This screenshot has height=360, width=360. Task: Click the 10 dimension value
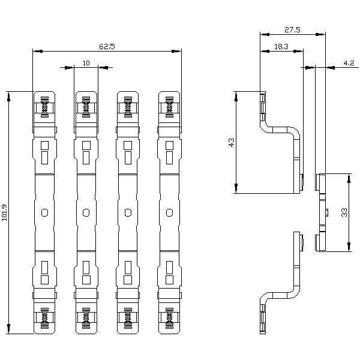[x=86, y=62]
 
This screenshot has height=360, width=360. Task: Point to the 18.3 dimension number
[x=280, y=46]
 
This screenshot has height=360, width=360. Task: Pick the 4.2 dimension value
[x=348, y=62]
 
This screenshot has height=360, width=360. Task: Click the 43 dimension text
[x=232, y=142]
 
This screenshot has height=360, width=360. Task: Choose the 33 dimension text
[x=343, y=213]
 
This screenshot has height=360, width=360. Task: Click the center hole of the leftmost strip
[x=44, y=212]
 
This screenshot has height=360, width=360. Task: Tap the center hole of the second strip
[x=86, y=212]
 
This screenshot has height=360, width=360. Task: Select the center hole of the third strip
[x=128, y=212]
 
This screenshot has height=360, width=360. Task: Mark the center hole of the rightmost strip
[x=169, y=212]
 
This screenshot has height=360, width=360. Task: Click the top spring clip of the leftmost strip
[x=44, y=108]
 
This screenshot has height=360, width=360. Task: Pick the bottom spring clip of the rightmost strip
[x=169, y=317]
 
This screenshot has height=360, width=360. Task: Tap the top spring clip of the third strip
[x=128, y=108]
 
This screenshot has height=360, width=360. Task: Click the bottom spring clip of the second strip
[x=86, y=317]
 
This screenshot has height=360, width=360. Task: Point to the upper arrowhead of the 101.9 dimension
[x=9, y=95]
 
